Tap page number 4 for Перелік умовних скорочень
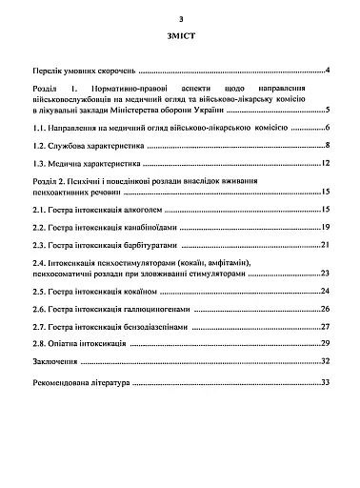[327, 71]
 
